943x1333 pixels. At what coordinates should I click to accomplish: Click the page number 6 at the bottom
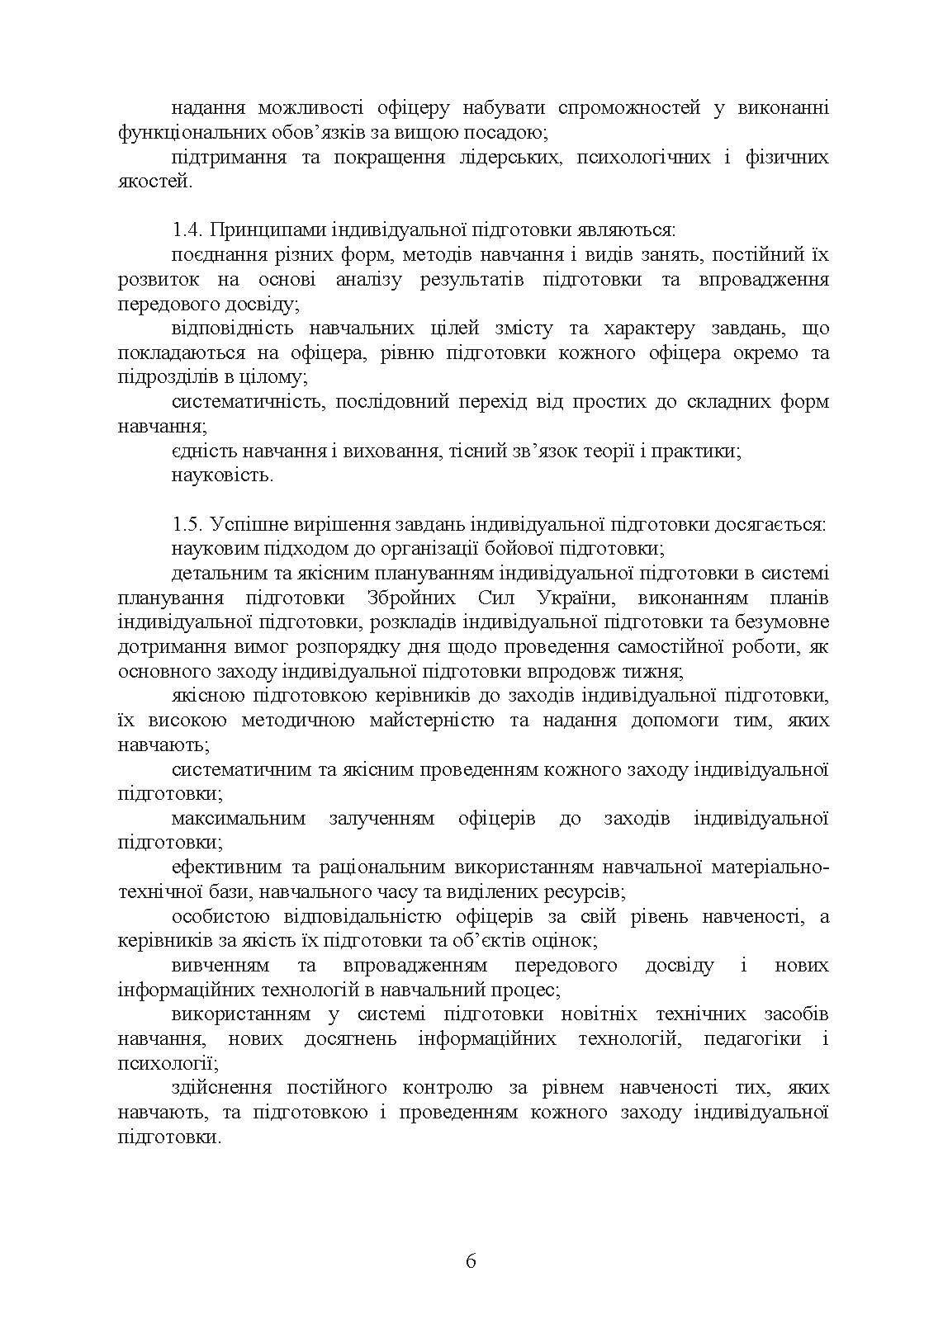tap(471, 1260)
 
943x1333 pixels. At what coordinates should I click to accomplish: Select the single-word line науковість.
tap(222, 476)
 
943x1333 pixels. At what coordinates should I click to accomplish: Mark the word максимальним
tap(239, 819)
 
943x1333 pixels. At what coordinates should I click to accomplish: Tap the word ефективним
tap(226, 867)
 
